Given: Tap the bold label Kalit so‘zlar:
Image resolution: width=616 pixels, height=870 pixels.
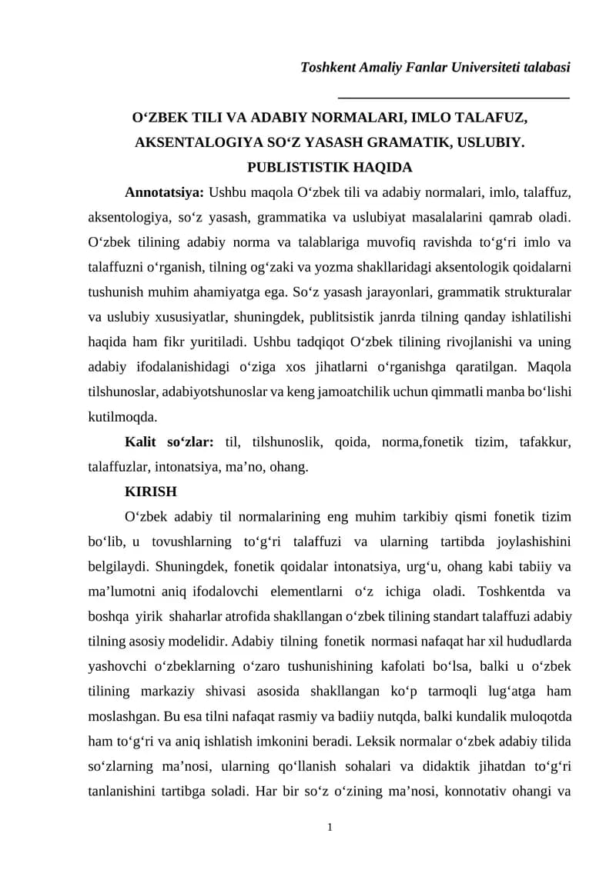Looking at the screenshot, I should pos(169,442).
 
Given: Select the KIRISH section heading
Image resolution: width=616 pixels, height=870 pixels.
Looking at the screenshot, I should pos(151,492).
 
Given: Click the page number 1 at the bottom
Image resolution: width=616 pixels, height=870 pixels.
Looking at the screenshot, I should pos(330,827).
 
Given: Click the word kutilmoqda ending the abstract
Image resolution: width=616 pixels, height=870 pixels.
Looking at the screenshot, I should pos(122,417).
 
